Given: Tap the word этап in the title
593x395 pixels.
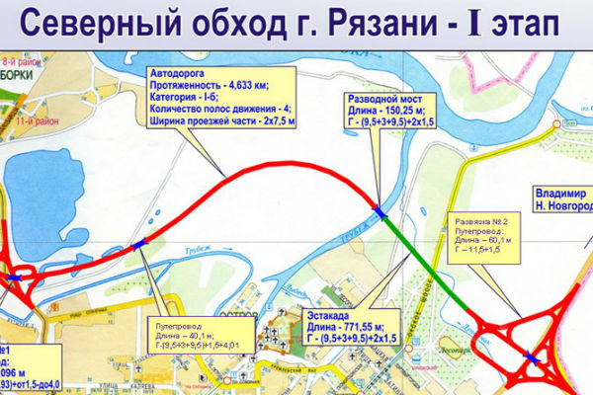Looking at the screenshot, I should pyautogui.click(x=504, y=24).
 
